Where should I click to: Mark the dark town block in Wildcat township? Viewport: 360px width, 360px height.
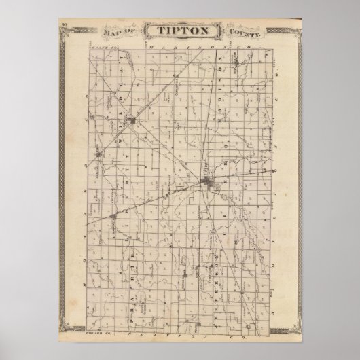pos(133,122)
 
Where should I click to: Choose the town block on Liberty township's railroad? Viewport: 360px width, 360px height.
pos(112,217)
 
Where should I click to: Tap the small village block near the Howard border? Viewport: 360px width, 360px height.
pos(99,155)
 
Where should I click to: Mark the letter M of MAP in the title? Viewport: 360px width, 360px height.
pos(107,32)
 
